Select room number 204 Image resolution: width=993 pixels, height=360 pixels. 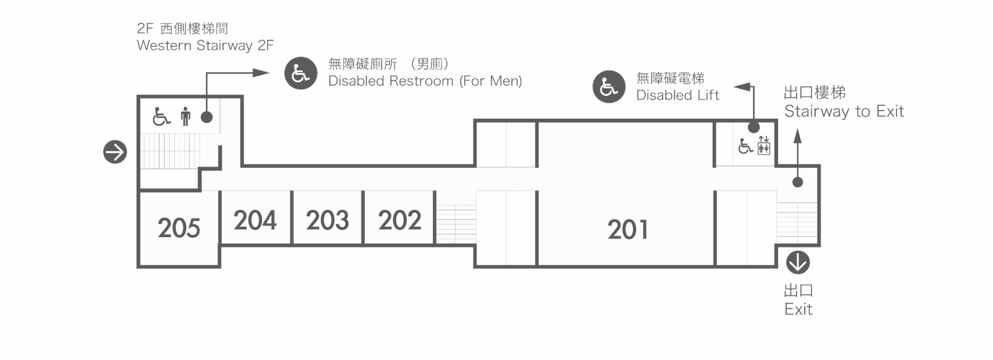255,220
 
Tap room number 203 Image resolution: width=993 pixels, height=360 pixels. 328,220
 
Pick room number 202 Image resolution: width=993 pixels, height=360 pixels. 400,220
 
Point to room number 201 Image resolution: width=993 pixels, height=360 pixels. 628,230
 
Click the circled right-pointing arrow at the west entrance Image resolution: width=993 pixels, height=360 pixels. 115,152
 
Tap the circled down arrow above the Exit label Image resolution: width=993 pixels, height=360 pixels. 798,263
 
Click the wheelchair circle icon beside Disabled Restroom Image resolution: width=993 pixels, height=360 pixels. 301,73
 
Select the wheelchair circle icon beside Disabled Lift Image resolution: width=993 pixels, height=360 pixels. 609,87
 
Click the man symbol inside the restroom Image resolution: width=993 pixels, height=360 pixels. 185,116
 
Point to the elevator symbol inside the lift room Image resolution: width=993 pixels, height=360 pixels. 764,145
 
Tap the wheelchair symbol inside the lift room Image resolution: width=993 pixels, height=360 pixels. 745,146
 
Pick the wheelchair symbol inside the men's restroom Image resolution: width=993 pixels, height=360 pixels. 161,116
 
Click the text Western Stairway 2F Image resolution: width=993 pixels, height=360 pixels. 205,46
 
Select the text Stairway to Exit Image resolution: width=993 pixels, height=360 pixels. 844,111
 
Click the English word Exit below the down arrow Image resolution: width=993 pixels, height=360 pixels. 798,309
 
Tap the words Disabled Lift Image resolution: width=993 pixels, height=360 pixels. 678,95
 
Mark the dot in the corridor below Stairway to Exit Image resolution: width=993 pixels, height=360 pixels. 798,182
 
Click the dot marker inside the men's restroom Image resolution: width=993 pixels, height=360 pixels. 207,117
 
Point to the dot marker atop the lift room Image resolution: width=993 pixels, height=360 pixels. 754,127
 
